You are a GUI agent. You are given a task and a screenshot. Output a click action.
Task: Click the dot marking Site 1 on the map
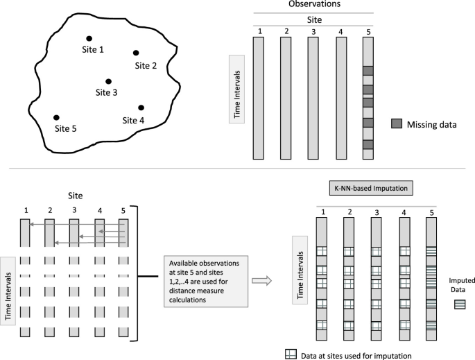[88, 39]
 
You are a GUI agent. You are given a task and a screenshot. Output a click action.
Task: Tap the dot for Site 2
[136, 53]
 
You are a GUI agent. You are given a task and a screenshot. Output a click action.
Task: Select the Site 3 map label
[107, 92]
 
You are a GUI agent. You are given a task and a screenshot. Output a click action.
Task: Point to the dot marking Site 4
[141, 108]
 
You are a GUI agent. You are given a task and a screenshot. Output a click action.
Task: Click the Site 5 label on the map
[65, 128]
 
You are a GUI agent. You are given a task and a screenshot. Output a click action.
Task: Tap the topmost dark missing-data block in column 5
[368, 71]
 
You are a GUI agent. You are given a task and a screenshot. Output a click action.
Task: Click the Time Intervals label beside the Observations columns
[236, 93]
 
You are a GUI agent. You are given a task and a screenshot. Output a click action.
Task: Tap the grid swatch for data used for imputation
[291, 354]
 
